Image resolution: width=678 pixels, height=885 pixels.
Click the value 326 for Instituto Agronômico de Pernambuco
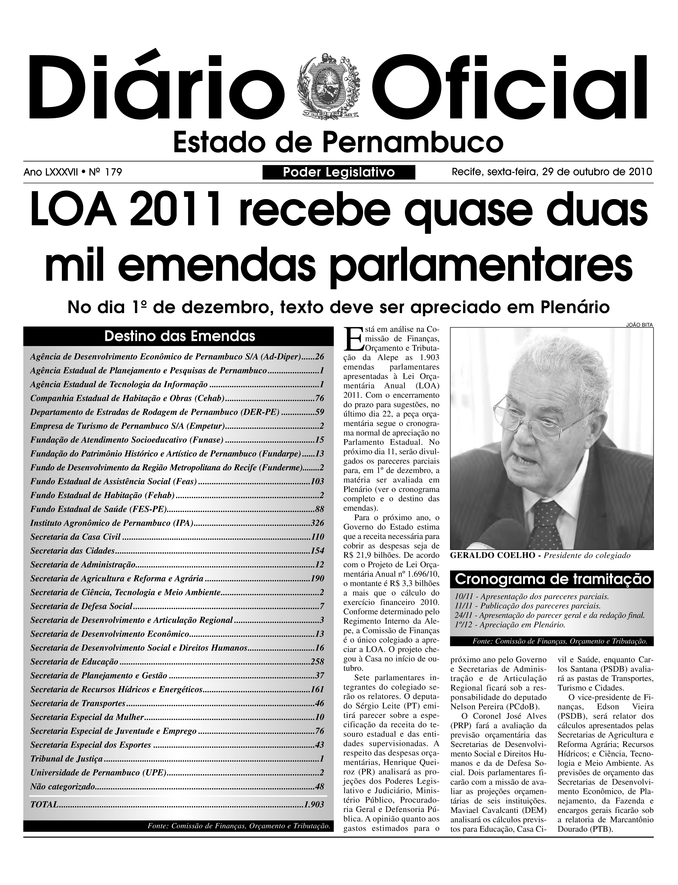[x=317, y=523]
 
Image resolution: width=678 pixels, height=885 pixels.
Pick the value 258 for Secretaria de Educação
[x=317, y=662]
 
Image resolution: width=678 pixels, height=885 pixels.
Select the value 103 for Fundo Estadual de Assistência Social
[x=317, y=481]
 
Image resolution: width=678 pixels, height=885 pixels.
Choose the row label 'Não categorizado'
[x=63, y=786]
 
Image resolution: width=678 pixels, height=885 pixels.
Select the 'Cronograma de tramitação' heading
[x=552, y=580]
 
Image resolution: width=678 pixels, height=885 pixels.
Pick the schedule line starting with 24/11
[x=549, y=616]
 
